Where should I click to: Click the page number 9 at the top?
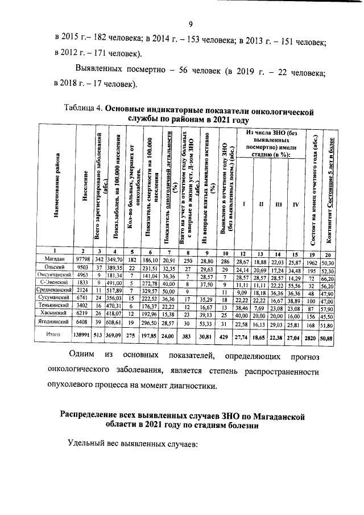pyautogui.click(x=192, y=23)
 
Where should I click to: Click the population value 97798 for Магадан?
pyautogui.click(x=83, y=259)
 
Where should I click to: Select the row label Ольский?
pyautogui.click(x=57, y=267)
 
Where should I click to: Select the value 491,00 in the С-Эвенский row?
pyautogui.click(x=115, y=283)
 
